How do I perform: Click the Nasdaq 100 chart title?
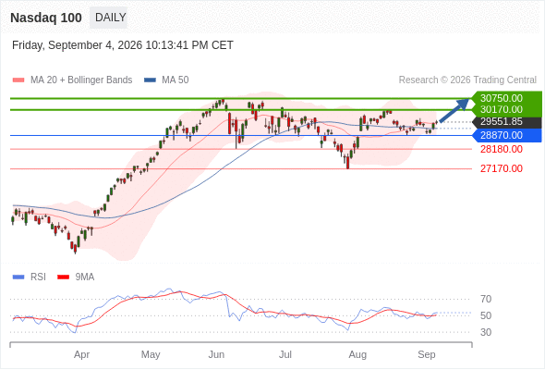pyautogui.click(x=46, y=18)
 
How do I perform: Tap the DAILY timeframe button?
pyautogui.click(x=109, y=18)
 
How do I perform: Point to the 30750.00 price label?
pyautogui.click(x=502, y=98)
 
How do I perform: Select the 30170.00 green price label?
pyautogui.click(x=502, y=110)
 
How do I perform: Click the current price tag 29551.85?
pyautogui.click(x=502, y=122)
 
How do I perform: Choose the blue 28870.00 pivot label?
pyautogui.click(x=502, y=135)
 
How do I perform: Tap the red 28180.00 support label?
pyautogui.click(x=502, y=149)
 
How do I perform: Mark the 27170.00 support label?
pyautogui.click(x=502, y=169)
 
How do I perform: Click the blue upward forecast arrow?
pyautogui.click(x=454, y=110)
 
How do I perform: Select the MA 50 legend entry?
pyautogui.click(x=166, y=80)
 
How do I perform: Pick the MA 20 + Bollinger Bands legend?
pyautogui.click(x=72, y=80)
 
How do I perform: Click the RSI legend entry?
pyautogui.click(x=30, y=277)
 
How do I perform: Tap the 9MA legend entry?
pyautogui.click(x=76, y=277)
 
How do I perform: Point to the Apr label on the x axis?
pyautogui.click(x=81, y=354)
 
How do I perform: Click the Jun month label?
pyautogui.click(x=216, y=354)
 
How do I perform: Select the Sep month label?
pyautogui.click(x=427, y=354)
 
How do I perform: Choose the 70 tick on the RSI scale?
pyautogui.click(x=486, y=299)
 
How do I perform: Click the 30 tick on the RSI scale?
pyautogui.click(x=486, y=332)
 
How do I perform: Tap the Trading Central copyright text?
pyautogui.click(x=467, y=80)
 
